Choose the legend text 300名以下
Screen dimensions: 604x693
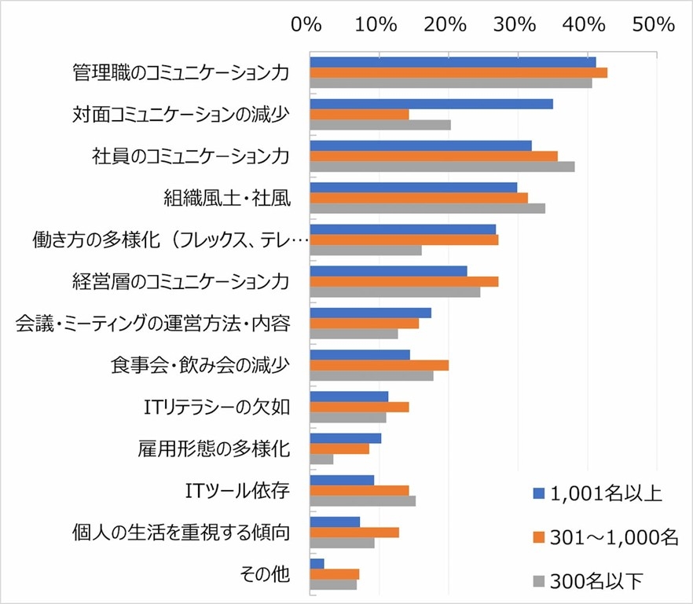pos(596,580)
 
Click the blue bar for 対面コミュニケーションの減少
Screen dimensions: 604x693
pos(431,104)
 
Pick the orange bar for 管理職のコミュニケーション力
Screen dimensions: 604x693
pos(459,73)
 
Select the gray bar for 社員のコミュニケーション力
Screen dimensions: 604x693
pos(442,166)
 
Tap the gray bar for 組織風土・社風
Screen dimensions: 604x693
pos(427,208)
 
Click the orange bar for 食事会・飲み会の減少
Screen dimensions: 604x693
pos(379,364)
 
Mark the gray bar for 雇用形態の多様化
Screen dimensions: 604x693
pos(321,459)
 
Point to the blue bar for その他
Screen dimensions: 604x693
pos(317,563)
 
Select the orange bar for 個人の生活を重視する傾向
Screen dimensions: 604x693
pos(354,532)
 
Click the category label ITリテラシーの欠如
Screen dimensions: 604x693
pos(218,407)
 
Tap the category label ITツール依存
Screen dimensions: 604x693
pos(233,491)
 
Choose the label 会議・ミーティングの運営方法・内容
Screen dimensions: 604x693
pos(153,323)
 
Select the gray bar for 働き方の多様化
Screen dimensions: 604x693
pos(365,250)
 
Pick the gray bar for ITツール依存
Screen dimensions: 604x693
pos(363,500)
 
